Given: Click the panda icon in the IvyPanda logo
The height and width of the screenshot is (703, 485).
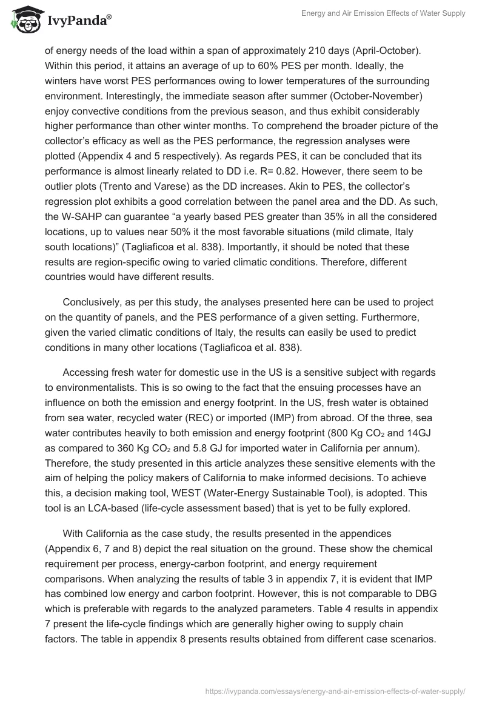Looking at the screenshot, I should (x=22, y=19).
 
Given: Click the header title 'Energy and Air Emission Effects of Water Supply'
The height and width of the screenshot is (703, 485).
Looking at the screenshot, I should (x=383, y=13).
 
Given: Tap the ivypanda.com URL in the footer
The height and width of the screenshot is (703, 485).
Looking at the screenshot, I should (x=335, y=690).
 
